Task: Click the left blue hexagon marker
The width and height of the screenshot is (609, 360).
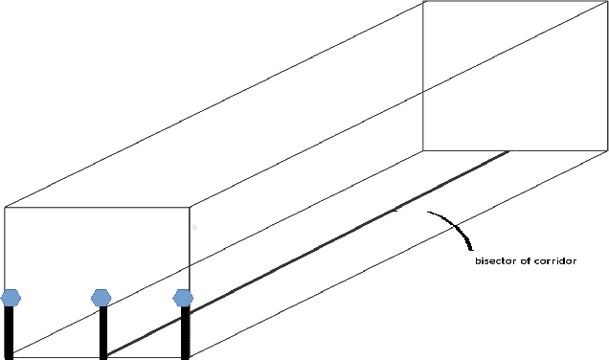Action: [x=11, y=298]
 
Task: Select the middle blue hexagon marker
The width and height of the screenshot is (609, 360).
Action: [x=101, y=298]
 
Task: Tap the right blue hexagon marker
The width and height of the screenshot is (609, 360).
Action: [x=184, y=298]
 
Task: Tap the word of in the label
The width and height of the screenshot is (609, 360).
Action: [x=525, y=260]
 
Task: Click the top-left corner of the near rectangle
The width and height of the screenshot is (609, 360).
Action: [x=5, y=208]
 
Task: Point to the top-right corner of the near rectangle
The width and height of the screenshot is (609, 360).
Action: [x=190, y=208]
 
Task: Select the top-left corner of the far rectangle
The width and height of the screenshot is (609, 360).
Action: [x=423, y=1]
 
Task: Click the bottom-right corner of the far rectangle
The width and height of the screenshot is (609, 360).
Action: [x=607, y=150]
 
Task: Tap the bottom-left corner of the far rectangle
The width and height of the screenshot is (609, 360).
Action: [x=423, y=150]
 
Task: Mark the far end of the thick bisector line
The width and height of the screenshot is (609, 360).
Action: [x=508, y=151]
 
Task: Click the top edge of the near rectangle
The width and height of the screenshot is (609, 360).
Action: [x=96, y=208]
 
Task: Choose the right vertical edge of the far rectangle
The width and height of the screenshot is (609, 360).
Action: [x=607, y=77]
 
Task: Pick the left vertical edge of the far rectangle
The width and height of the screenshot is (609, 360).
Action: [x=423, y=77]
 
